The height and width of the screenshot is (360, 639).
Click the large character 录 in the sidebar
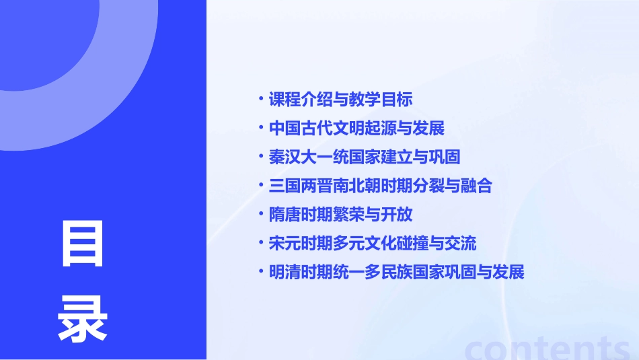click(83, 319)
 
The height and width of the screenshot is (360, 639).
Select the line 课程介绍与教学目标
click(340, 100)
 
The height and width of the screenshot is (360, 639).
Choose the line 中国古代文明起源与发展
click(356, 129)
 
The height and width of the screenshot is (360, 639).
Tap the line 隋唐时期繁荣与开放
click(340, 215)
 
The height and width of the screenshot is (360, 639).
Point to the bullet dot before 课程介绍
click(261, 100)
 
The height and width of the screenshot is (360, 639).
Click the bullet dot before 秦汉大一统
click(261, 157)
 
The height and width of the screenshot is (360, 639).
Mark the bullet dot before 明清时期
click(261, 273)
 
